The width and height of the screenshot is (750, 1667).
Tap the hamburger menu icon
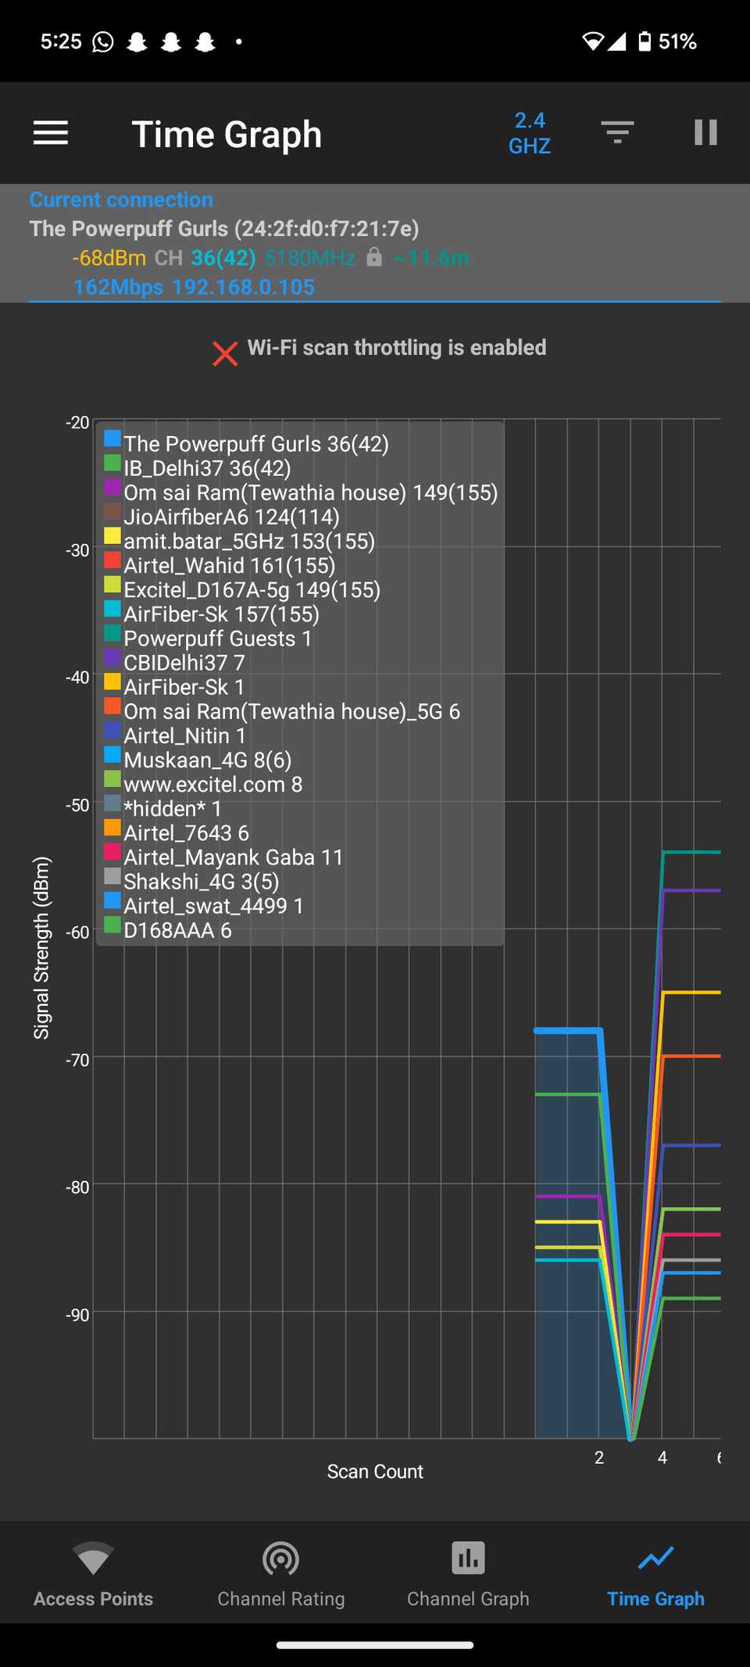tap(51, 133)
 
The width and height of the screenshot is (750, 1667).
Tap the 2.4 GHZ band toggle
tap(530, 133)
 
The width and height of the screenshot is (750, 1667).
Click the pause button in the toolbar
tap(705, 133)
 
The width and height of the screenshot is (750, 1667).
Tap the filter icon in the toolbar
tap(617, 133)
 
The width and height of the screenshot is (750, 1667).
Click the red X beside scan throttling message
tap(225, 353)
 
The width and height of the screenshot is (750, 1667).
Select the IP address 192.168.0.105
tap(243, 287)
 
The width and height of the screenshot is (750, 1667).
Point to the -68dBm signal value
tap(109, 258)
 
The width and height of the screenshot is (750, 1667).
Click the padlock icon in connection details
tap(374, 257)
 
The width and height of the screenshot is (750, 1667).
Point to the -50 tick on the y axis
tap(77, 805)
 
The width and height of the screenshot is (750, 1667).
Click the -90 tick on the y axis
tap(77, 1315)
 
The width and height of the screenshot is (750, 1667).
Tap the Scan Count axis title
tap(375, 1472)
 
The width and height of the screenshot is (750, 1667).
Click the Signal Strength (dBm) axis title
tap(41, 947)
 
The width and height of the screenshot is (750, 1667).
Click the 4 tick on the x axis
tap(662, 1458)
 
